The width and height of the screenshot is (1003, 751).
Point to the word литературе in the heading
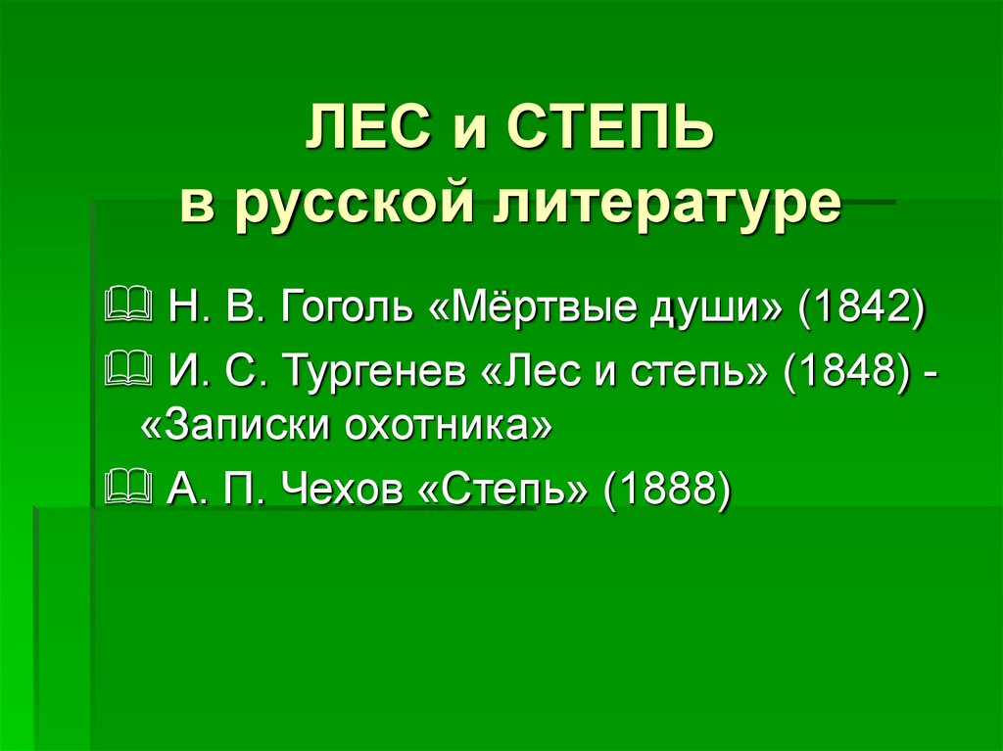click(x=666, y=205)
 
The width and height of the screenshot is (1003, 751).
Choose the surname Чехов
click(x=345, y=490)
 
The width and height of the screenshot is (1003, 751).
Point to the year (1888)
click(x=666, y=490)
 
